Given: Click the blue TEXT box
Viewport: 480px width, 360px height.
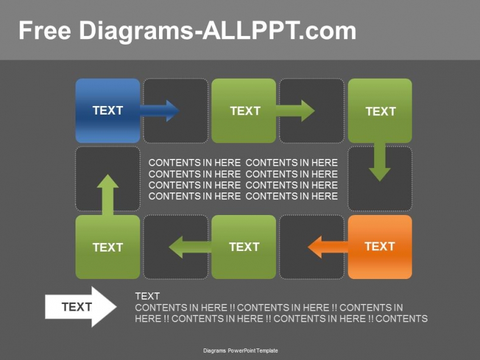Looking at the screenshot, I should tap(107, 110).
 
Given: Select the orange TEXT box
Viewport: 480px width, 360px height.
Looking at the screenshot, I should tap(379, 246).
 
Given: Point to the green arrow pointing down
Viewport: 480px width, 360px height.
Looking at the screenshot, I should tap(379, 162).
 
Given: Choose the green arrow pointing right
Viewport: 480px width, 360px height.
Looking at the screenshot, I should tap(295, 110).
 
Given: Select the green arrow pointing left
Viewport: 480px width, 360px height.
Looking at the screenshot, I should tap(189, 247).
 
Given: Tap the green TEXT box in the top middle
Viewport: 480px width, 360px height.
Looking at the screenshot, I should tap(244, 110).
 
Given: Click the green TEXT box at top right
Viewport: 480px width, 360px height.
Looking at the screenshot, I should tap(379, 110).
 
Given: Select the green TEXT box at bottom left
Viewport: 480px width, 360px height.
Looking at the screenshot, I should tap(107, 247).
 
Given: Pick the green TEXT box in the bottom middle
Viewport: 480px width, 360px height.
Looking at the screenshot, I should tap(244, 247).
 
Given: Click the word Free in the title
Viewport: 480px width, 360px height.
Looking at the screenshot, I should tap(45, 30).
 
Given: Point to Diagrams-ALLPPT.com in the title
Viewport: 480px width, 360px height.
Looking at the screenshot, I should tap(218, 30).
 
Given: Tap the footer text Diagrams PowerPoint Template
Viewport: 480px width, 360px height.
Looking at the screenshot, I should tap(240, 351).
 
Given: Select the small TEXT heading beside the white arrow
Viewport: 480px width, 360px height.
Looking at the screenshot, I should tap(147, 296).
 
